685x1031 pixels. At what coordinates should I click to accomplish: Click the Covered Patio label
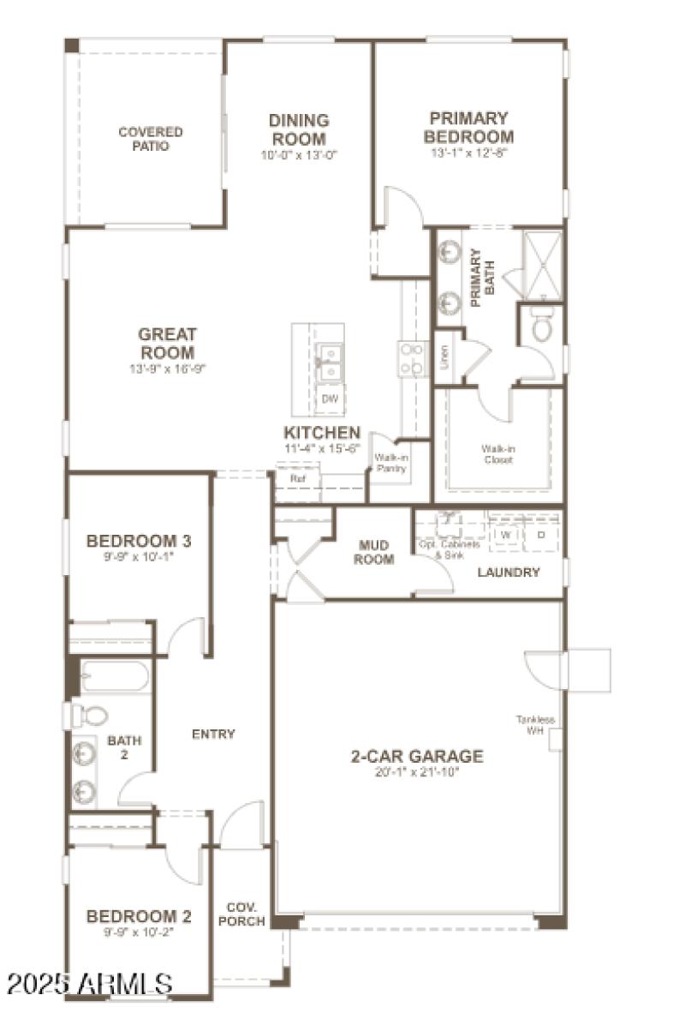tap(150, 139)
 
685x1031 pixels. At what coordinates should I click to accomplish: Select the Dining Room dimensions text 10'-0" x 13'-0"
tap(299, 156)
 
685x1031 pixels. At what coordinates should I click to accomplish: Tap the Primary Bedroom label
tap(468, 128)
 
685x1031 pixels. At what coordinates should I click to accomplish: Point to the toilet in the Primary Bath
tap(541, 325)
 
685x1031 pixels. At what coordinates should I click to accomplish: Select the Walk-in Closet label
tap(497, 454)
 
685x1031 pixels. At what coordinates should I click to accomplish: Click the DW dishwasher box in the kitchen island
tap(329, 399)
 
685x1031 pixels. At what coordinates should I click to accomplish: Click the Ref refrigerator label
tap(298, 478)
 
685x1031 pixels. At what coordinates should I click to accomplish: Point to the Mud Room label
tap(374, 553)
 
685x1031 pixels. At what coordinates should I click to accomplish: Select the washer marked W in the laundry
tap(505, 535)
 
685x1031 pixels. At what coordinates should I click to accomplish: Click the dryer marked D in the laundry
tap(540, 535)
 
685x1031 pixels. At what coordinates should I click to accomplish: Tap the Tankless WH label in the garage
tap(535, 725)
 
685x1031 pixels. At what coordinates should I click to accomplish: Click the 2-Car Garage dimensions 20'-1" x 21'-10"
tap(417, 771)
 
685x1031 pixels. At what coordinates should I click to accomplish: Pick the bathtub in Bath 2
tap(114, 677)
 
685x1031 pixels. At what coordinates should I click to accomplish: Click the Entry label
tap(213, 734)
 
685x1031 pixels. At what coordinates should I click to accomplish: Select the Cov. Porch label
tap(244, 914)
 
